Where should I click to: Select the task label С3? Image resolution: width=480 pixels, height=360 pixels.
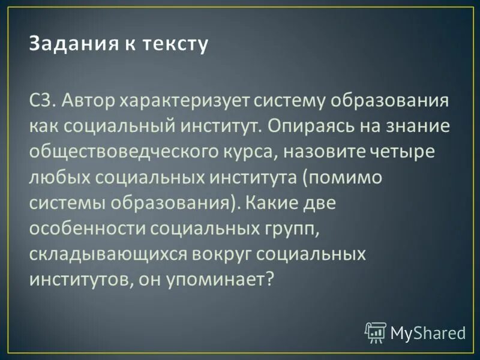coord(43,100)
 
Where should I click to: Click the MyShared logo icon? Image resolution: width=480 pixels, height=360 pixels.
coord(376,332)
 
